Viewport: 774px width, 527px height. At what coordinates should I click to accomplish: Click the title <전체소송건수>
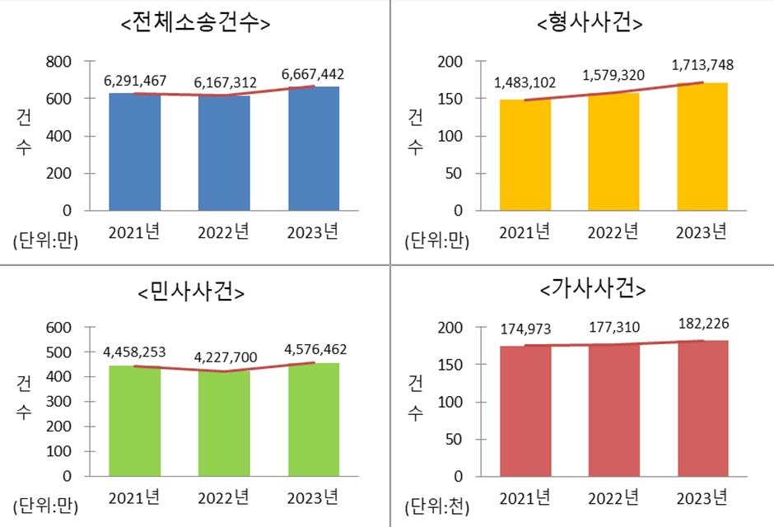coord(196,24)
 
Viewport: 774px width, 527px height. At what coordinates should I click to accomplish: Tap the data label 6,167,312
coord(226,82)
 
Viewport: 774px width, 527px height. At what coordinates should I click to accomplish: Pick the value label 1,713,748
coord(703,65)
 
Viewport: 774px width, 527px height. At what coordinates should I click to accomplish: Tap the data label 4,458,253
coord(135,352)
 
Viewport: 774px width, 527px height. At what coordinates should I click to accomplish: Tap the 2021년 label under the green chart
coord(134,497)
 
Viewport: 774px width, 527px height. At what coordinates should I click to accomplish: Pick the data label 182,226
coord(703,323)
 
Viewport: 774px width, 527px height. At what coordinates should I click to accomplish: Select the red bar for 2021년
coord(525,411)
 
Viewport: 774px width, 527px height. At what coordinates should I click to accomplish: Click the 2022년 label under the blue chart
coord(224,231)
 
